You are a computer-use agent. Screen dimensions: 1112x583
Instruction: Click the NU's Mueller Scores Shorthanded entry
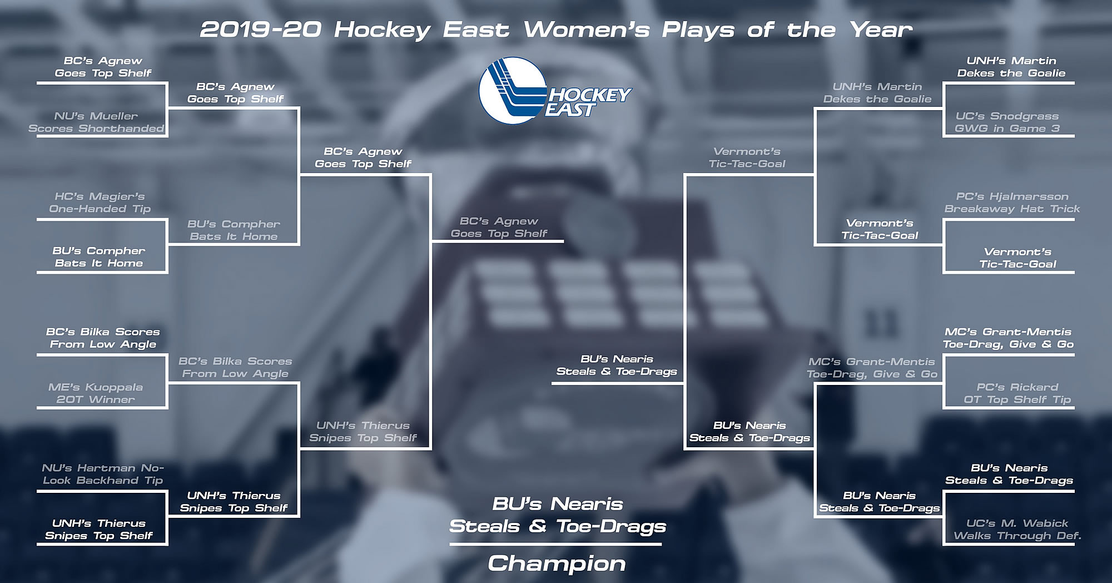(96, 122)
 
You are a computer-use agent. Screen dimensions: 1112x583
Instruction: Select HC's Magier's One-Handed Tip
(100, 202)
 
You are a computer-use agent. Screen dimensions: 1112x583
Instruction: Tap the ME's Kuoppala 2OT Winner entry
(96, 393)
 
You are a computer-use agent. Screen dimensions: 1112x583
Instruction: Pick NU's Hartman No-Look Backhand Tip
(103, 474)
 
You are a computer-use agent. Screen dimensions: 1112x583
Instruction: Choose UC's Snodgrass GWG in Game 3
(1007, 122)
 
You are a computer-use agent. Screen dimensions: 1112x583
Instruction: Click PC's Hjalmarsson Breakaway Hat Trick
(1012, 202)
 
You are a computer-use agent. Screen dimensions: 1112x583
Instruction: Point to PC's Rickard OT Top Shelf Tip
(1017, 393)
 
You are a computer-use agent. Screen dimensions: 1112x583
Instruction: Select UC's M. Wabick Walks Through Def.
(1017, 530)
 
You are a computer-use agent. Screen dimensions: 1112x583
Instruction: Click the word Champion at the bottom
(557, 564)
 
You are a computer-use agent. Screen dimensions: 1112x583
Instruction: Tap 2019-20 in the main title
(261, 29)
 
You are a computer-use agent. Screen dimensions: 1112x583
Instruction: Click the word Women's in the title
(587, 29)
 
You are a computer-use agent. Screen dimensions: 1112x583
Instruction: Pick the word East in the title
(476, 29)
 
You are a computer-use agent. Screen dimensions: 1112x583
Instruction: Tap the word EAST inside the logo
(570, 110)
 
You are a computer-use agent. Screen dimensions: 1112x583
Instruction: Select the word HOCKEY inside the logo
(590, 95)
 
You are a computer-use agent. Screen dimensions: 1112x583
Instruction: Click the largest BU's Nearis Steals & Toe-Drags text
(558, 516)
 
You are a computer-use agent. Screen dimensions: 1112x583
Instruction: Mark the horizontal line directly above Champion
(555, 544)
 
